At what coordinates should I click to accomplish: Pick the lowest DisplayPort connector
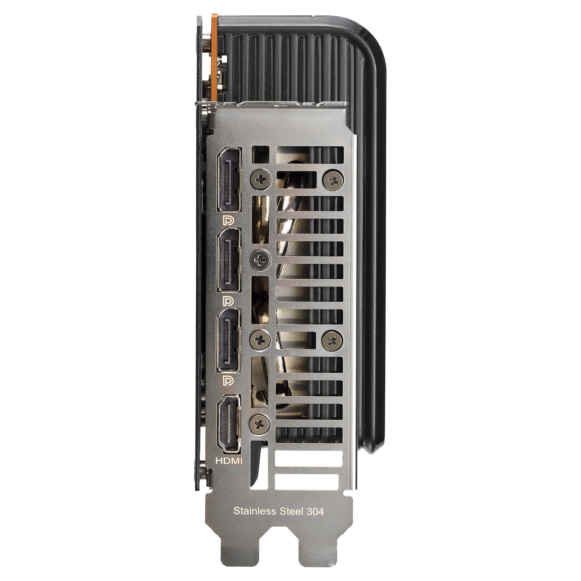tap(228, 340)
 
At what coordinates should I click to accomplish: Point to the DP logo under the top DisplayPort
tap(228, 220)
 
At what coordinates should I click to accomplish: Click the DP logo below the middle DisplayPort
tap(228, 301)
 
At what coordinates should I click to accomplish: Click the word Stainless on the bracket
tap(255, 511)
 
